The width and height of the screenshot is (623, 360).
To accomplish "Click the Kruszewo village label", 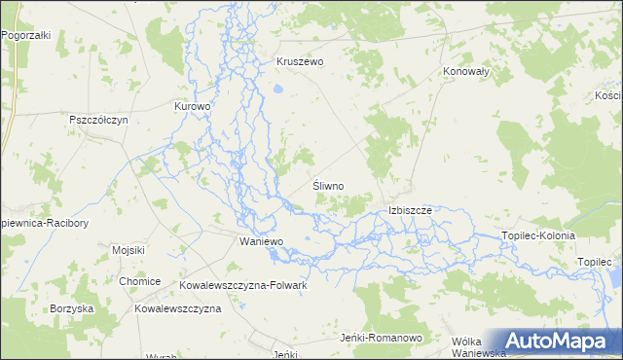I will coord(300,60).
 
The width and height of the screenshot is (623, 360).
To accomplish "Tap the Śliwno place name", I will coord(328,184).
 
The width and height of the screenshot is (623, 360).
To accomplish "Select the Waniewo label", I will coord(261,240).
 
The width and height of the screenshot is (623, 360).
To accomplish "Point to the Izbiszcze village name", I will coord(416,209).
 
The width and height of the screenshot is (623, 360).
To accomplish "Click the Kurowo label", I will coord(192,106).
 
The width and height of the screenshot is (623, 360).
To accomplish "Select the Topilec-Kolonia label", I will coord(537,235).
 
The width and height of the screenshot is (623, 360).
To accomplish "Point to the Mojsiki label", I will coord(128,250).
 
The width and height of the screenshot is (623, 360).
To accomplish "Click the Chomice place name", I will coord(139,281).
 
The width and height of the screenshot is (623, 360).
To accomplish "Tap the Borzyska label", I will coord(72,307).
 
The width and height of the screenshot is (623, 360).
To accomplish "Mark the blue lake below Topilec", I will coord(615,277).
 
